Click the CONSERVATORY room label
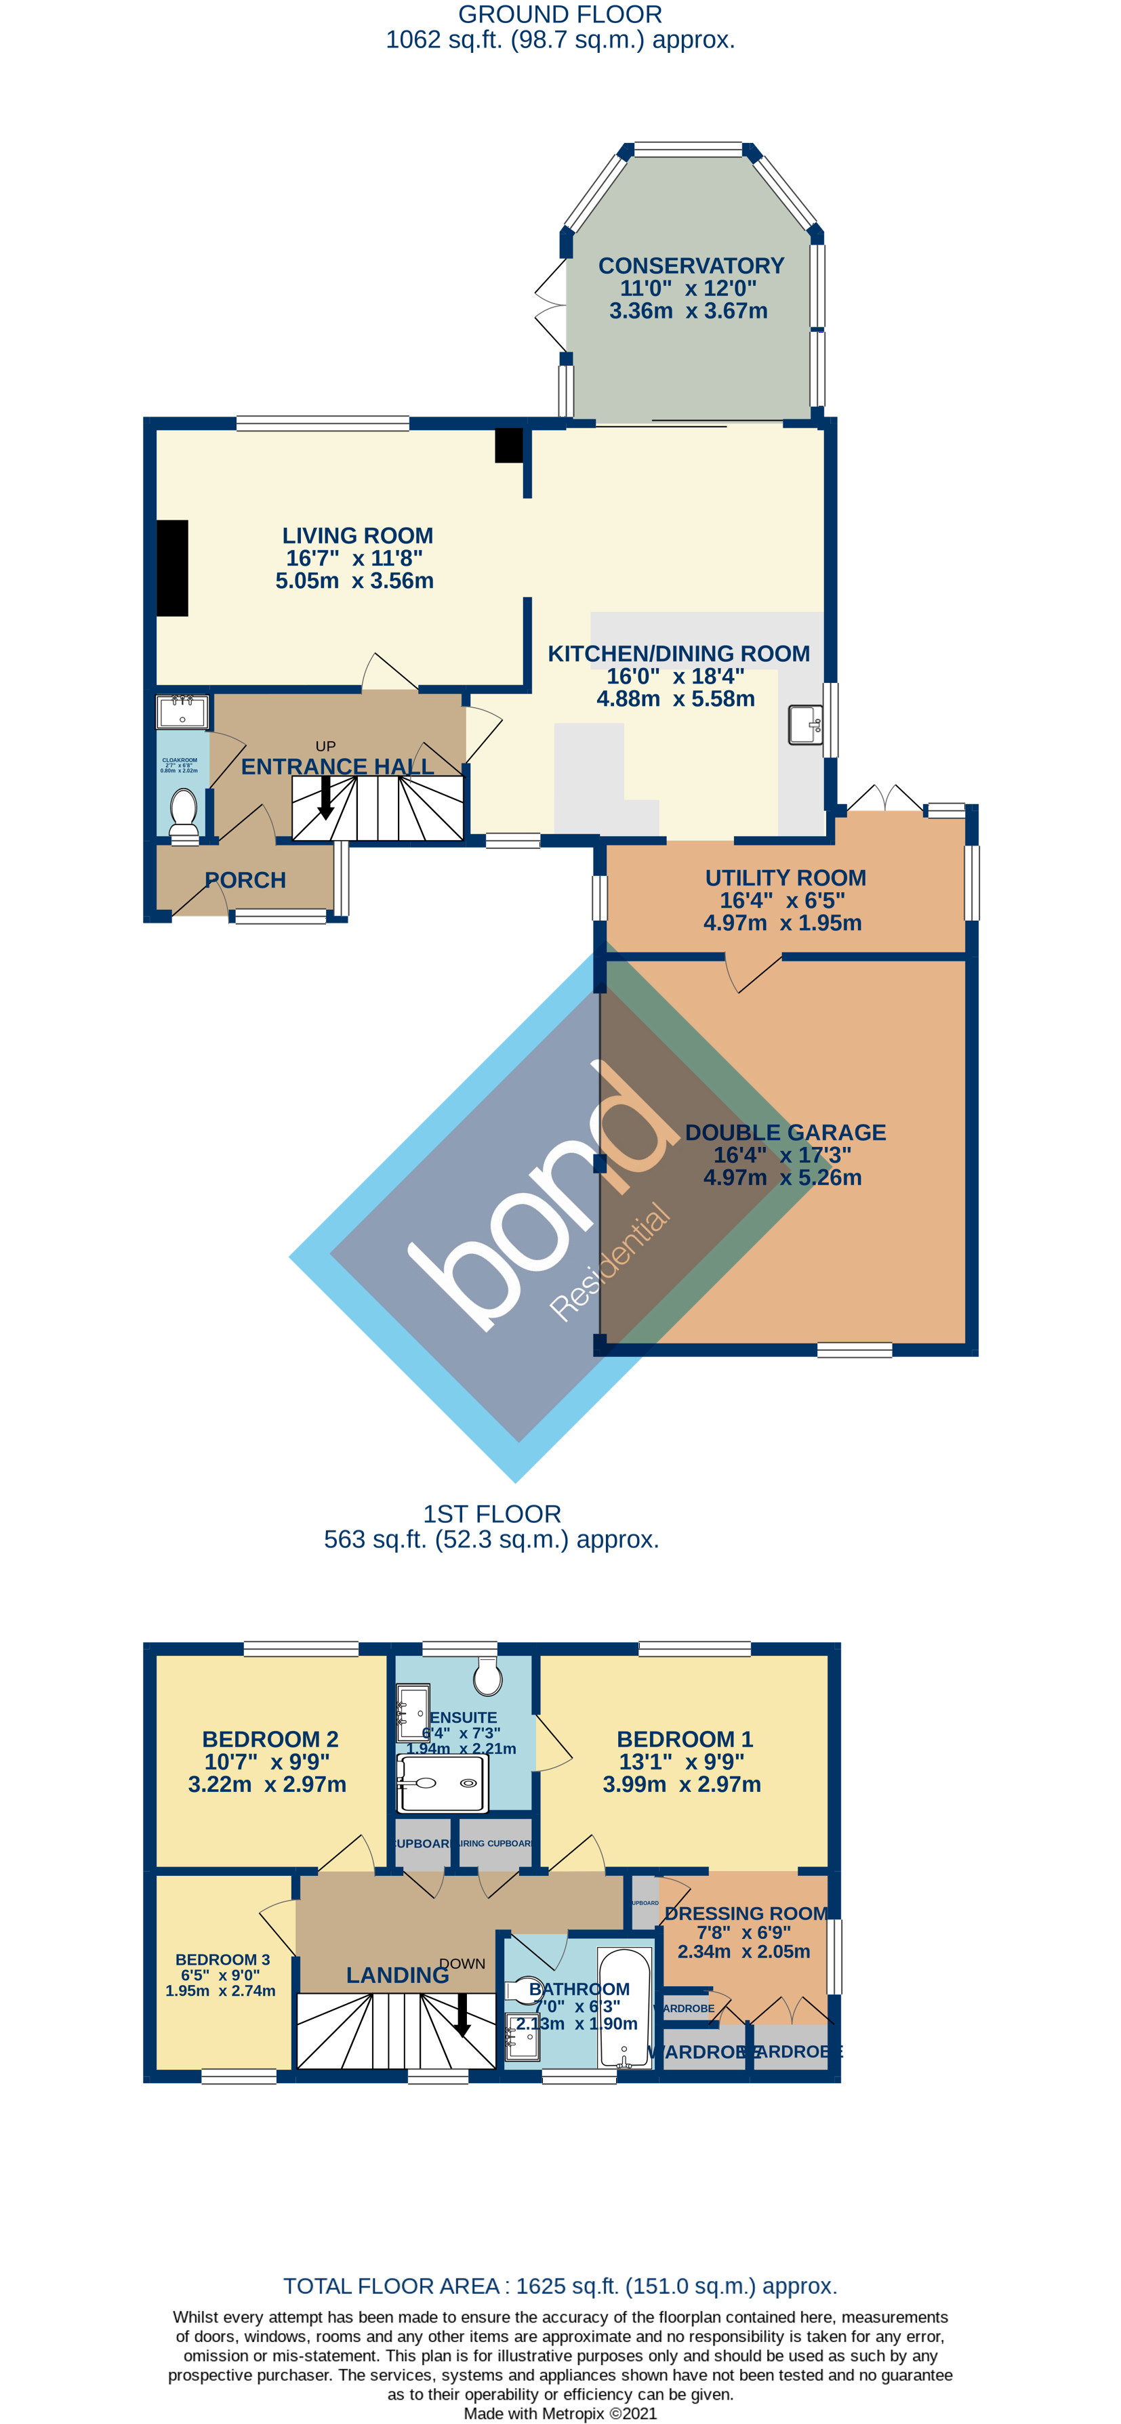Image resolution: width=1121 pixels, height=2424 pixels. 691,266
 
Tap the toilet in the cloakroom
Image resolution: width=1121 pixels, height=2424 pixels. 184,810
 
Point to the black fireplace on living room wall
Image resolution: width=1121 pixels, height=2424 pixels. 172,568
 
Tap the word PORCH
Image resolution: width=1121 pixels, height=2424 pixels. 245,881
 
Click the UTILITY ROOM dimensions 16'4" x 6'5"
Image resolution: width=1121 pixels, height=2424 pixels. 782,900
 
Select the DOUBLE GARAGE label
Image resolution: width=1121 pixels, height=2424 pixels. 785,1133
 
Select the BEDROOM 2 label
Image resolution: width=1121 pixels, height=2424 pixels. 270,1739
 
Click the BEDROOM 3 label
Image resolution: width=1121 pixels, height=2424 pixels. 222,1959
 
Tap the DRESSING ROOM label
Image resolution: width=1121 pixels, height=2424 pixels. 746,1913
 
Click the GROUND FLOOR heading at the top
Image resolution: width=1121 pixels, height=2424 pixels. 560,15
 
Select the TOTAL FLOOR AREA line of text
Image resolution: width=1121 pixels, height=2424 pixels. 560,2286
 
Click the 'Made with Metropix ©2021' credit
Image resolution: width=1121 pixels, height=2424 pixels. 560,2412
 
